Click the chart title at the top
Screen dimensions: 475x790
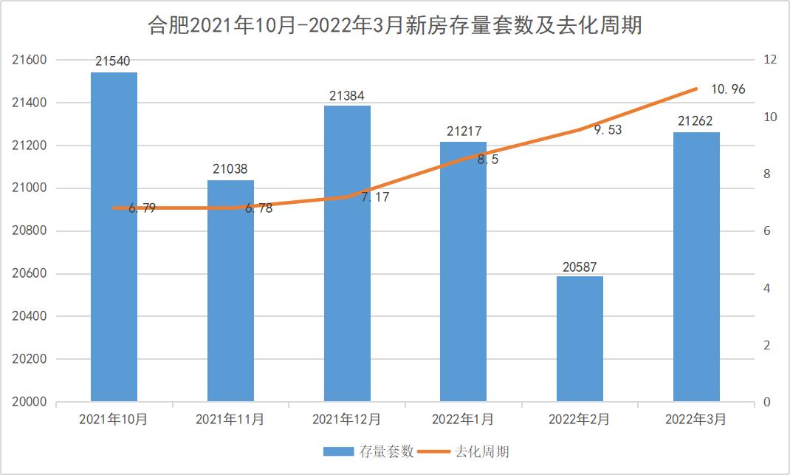click(x=395, y=27)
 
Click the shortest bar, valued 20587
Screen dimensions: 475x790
click(x=580, y=340)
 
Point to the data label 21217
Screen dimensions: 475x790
click(x=464, y=132)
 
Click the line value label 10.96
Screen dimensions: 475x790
click(x=728, y=89)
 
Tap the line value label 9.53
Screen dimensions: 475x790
click(x=608, y=130)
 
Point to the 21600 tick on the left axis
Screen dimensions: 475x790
click(x=30, y=60)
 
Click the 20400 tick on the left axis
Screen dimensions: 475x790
click(x=30, y=316)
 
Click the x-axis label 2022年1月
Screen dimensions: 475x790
click(x=463, y=420)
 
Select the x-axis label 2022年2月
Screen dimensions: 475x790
click(x=580, y=420)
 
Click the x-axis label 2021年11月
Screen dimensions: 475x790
click(x=230, y=420)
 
